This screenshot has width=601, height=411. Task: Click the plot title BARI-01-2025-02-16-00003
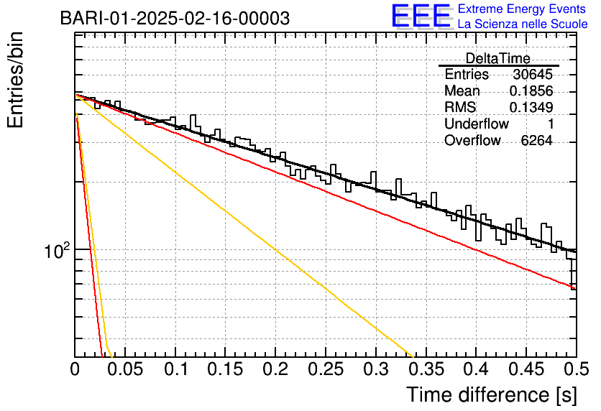(175, 18)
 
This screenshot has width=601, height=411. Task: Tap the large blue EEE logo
(421, 17)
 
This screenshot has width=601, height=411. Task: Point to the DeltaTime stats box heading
(498, 58)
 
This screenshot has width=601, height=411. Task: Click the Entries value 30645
(533, 75)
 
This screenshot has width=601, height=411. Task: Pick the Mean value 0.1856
(531, 91)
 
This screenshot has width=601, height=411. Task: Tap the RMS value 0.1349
(531, 108)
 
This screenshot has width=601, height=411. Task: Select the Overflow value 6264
(536, 141)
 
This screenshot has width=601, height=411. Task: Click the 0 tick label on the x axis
(75, 370)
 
